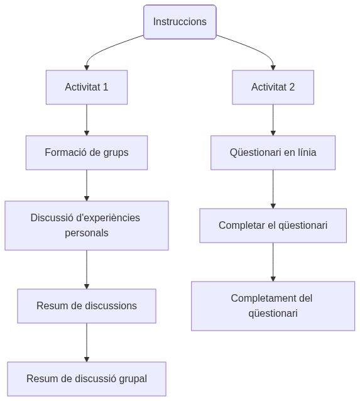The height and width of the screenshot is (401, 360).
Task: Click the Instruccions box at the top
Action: pos(180,21)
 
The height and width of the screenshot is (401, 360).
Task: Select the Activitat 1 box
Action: pos(87,87)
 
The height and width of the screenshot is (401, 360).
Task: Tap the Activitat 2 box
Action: pos(273,87)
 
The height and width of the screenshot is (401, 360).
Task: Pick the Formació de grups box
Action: pos(87,152)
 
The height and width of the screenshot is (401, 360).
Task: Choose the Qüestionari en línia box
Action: pos(273,152)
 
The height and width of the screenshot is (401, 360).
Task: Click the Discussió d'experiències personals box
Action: pos(87,225)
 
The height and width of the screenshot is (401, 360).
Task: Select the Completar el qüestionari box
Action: pos(273,225)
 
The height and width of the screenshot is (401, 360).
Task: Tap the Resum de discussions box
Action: pos(87,305)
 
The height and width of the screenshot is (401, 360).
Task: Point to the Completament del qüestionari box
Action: pos(273,305)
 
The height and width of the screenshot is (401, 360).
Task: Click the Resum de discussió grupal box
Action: pos(87,378)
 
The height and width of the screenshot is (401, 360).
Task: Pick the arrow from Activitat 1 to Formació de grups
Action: pos(87,119)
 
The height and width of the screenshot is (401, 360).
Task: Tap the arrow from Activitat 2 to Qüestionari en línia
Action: pos(273,119)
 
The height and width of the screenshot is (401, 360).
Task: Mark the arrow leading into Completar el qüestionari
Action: pos(273,189)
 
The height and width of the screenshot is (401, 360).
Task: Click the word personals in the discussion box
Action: pos(87,233)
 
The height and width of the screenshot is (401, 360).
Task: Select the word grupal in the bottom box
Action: pos(132,378)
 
